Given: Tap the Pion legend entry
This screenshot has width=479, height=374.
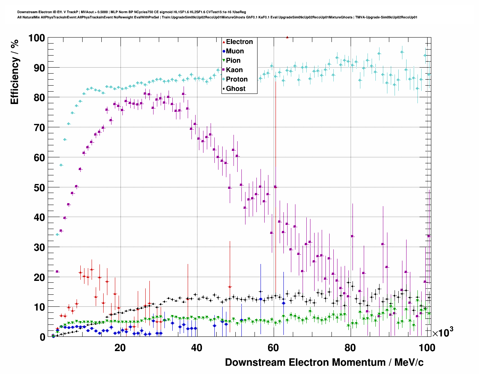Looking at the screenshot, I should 233,60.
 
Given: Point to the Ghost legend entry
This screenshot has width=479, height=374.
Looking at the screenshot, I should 235,89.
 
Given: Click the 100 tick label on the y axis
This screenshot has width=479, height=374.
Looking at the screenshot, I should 36,38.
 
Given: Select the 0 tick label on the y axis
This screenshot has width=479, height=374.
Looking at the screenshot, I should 42,337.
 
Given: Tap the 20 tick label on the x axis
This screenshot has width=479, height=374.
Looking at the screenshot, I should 120,348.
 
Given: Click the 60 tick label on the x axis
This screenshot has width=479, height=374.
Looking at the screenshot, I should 274,348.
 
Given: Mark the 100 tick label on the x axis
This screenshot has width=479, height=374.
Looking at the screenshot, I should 426,348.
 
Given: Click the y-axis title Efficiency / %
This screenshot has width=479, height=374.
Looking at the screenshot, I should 15,71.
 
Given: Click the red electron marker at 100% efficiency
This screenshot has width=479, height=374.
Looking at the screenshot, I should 287,37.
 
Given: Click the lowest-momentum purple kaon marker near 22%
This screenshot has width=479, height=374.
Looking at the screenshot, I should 57,271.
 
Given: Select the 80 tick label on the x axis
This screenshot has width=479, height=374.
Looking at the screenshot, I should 350,348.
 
